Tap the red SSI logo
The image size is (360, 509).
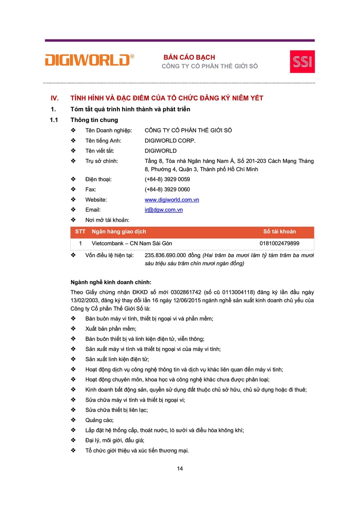point(302,61)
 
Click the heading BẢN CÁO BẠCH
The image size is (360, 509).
point(189,57)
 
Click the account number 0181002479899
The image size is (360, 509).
point(280,243)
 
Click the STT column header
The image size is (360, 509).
point(80,232)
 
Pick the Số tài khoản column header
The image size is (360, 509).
point(280,232)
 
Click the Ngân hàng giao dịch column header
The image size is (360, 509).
point(119,232)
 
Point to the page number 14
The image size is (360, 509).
point(180,468)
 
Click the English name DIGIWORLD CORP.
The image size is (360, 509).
point(170,140)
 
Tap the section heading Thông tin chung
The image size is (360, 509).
point(94,120)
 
